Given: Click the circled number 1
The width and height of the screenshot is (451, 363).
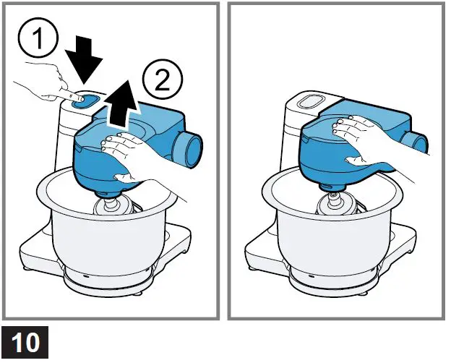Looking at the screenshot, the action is click(x=38, y=38).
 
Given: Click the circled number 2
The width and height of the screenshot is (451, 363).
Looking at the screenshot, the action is click(x=163, y=80).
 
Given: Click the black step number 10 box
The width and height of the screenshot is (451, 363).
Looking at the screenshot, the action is click(x=25, y=342).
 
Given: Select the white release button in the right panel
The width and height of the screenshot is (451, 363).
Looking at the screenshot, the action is click(x=309, y=102).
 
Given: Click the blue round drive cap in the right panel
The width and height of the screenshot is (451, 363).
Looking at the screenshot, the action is click(x=415, y=142).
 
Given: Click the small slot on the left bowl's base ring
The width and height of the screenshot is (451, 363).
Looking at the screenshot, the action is click(x=85, y=276).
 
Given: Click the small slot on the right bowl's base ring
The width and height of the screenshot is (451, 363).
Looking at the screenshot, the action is click(x=311, y=276).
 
